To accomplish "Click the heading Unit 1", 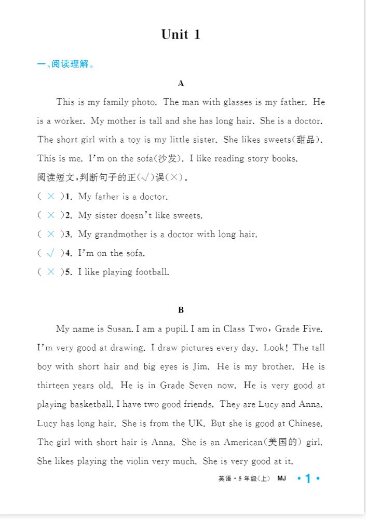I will pyautogui.click(x=181, y=35).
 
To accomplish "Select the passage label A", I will pyautogui.click(x=181, y=83).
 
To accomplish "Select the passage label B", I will pyautogui.click(x=181, y=310).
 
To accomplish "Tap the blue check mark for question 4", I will pyautogui.click(x=50, y=253).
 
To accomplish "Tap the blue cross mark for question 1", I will pyautogui.click(x=50, y=197).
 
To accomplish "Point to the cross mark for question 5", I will pyautogui.click(x=50, y=272).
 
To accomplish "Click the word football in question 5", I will pyautogui.click(x=152, y=272).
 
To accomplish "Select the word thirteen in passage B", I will pyautogui.click(x=55, y=386).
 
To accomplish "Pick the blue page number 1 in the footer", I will pyautogui.click(x=308, y=479).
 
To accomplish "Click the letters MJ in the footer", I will pyautogui.click(x=282, y=479).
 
